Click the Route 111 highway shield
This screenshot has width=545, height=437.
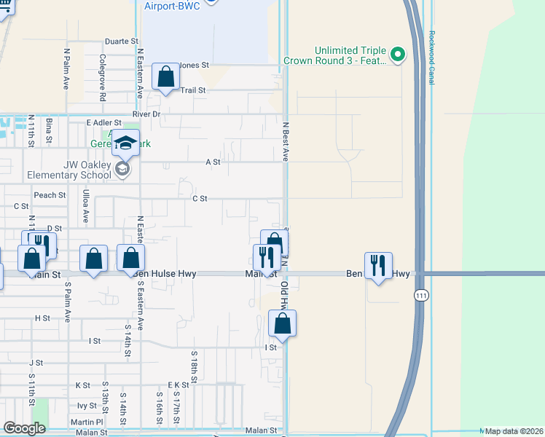(x=420, y=295)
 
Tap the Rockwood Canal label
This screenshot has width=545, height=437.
(x=431, y=58)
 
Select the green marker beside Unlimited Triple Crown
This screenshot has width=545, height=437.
(x=398, y=55)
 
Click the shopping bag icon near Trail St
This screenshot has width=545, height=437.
(x=165, y=76)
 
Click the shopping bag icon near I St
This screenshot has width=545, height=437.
(x=282, y=323)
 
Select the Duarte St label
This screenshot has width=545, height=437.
(x=121, y=42)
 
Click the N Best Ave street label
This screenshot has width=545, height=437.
(x=286, y=141)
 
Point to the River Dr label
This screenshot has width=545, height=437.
(x=146, y=114)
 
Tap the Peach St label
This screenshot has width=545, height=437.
(x=50, y=195)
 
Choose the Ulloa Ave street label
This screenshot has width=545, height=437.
(x=85, y=206)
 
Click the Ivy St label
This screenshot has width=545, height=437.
(x=87, y=406)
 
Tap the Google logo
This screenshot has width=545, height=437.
(x=24, y=428)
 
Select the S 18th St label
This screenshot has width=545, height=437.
(x=195, y=368)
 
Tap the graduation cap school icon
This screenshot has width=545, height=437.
(x=125, y=143)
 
